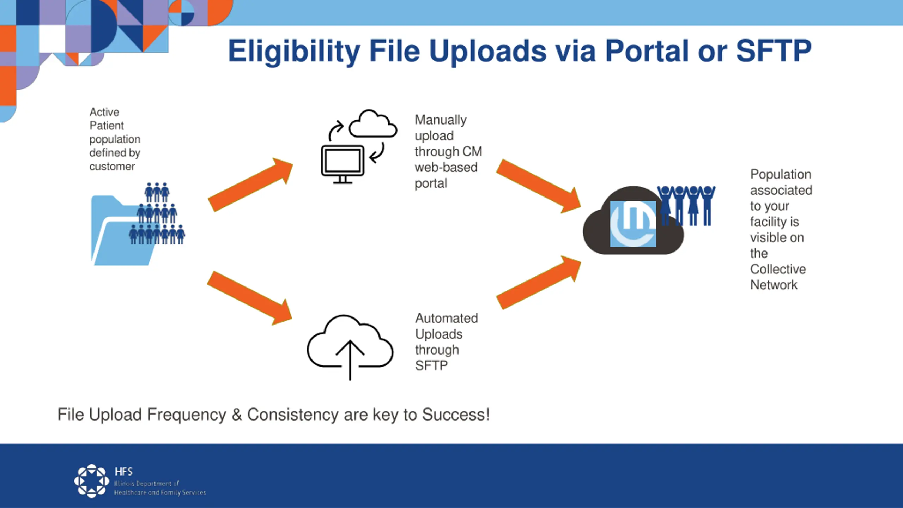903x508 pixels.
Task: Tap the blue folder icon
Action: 123,230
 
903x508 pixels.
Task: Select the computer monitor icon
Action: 343,164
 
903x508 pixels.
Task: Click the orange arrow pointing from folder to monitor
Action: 250,185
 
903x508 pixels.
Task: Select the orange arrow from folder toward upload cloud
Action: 250,298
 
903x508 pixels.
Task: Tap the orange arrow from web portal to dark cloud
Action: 539,186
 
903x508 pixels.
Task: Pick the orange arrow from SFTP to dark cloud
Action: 539,283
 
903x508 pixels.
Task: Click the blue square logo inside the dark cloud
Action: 633,224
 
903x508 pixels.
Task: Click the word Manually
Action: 441,120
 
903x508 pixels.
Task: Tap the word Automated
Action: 447,318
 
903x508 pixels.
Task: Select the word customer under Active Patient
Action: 112,167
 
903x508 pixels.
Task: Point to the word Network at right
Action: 774,285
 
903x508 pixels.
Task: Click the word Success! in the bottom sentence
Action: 456,415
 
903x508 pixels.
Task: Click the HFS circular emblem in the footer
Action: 92,481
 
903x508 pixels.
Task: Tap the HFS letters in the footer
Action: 124,472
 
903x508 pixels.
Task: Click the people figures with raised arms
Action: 686,206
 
